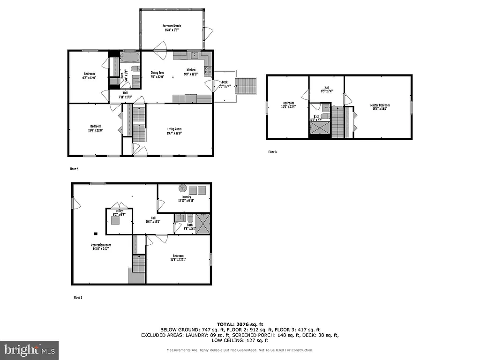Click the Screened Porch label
pyautogui.click(x=172, y=28)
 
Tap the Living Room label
pyautogui.click(x=174, y=131)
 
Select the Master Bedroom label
pyautogui.click(x=380, y=107)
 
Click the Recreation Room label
pyautogui.click(x=101, y=247)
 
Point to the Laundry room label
pyautogui.click(x=186, y=198)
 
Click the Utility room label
pyautogui.click(x=119, y=212)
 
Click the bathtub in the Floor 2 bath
pyautogui.click(x=129, y=58)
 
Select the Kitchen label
pyautogui.click(x=191, y=72)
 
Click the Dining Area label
pyautogui.click(x=157, y=74)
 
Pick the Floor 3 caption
pyautogui.click(x=272, y=152)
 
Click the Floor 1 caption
pyautogui.click(x=78, y=297)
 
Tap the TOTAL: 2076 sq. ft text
pyautogui.click(x=240, y=324)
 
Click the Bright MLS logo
pyautogui.click(x=30, y=349)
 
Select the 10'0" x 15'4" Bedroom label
pyautogui.click(x=288, y=105)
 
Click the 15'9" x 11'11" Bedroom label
pyautogui.click(x=178, y=257)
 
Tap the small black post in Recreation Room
pyautogui.click(x=96, y=233)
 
